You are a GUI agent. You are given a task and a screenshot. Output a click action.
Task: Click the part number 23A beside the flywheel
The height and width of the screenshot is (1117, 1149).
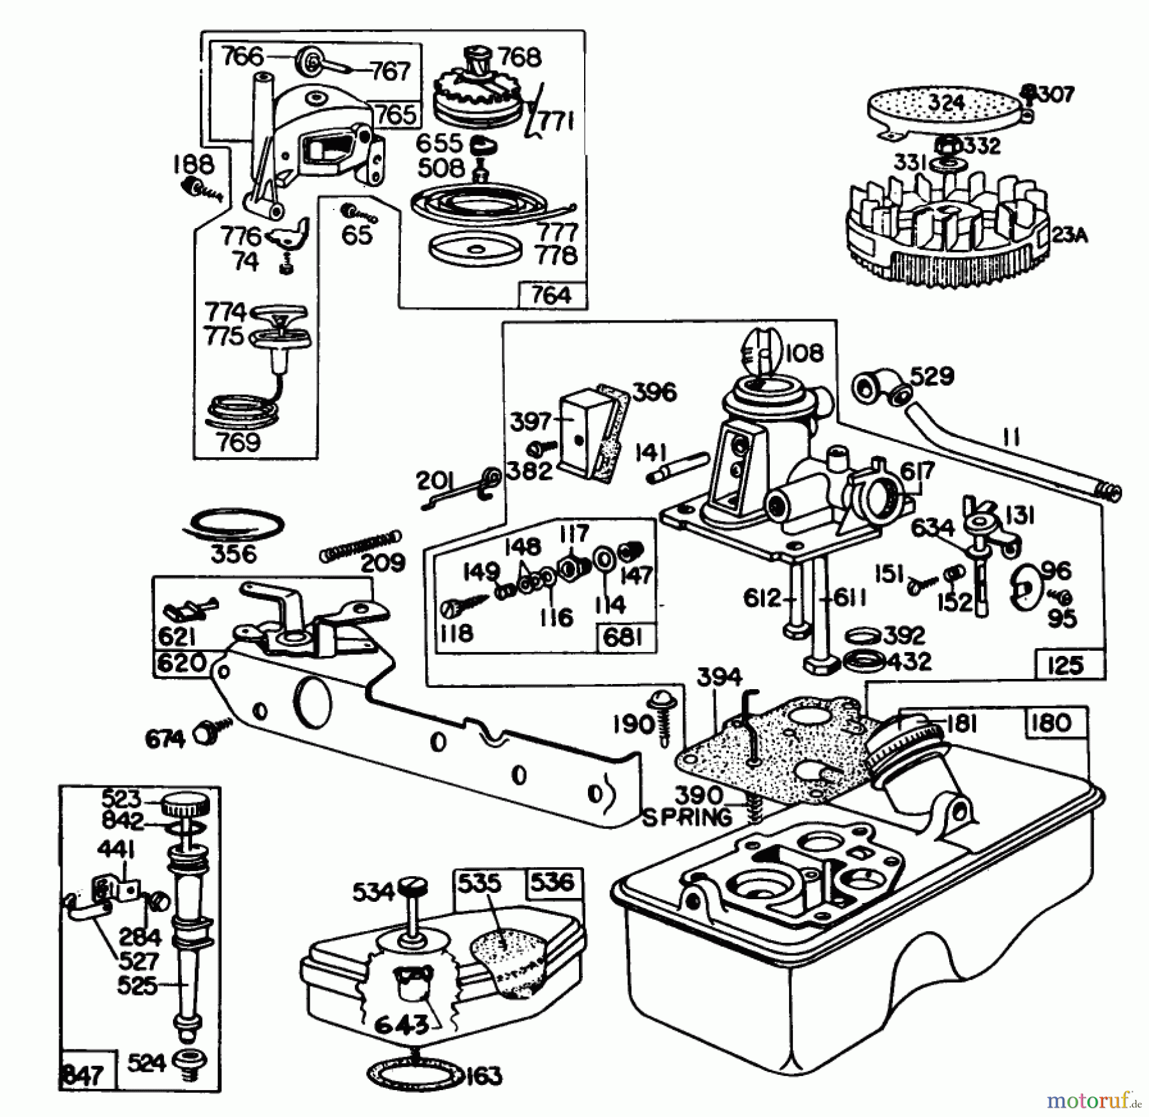(1069, 236)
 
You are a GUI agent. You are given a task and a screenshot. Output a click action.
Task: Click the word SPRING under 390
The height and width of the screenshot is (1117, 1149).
(687, 817)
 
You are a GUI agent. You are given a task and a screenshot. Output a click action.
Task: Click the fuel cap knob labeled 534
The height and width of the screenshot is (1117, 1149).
(414, 887)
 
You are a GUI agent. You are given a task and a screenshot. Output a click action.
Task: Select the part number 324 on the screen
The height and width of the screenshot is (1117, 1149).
(947, 103)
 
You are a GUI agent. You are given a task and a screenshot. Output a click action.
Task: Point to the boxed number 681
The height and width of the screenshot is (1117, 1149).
(622, 637)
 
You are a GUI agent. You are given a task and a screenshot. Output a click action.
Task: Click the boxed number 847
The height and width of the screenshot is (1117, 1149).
(83, 1074)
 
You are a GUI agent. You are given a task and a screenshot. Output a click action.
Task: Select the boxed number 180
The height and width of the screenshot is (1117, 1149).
(1050, 722)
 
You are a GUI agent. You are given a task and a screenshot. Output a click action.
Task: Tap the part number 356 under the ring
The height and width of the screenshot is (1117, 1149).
(234, 553)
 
